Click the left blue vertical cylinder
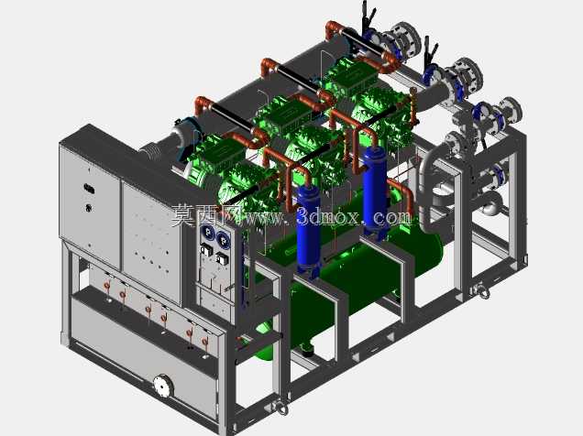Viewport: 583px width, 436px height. pyautogui.click(x=309, y=230)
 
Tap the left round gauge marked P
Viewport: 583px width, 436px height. pyautogui.click(x=207, y=233)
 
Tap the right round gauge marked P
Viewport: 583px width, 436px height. pyautogui.click(x=223, y=240)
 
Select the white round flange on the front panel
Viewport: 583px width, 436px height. pyautogui.click(x=162, y=386)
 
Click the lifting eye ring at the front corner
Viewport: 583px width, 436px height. pyautogui.click(x=281, y=407)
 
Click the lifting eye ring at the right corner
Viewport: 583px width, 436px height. pyautogui.click(x=482, y=290)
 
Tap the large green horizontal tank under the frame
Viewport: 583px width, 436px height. pyautogui.click(x=349, y=282)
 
